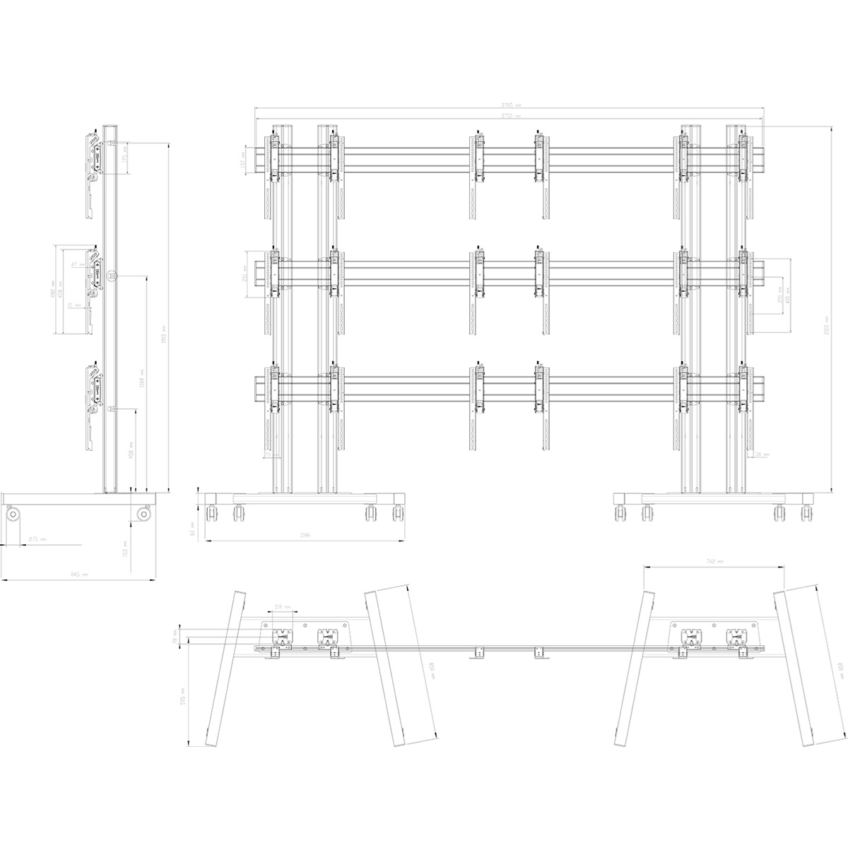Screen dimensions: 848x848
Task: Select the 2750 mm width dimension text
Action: click(x=511, y=115)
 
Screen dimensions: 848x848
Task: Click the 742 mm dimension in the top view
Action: click(x=714, y=560)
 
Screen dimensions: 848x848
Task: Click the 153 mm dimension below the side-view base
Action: click(x=124, y=547)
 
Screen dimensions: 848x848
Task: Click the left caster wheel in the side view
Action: click(x=13, y=514)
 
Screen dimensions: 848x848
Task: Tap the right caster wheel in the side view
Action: click(x=144, y=514)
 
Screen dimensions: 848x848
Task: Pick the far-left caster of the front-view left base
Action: click(x=211, y=514)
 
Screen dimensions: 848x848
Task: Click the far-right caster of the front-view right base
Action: click(x=807, y=514)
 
